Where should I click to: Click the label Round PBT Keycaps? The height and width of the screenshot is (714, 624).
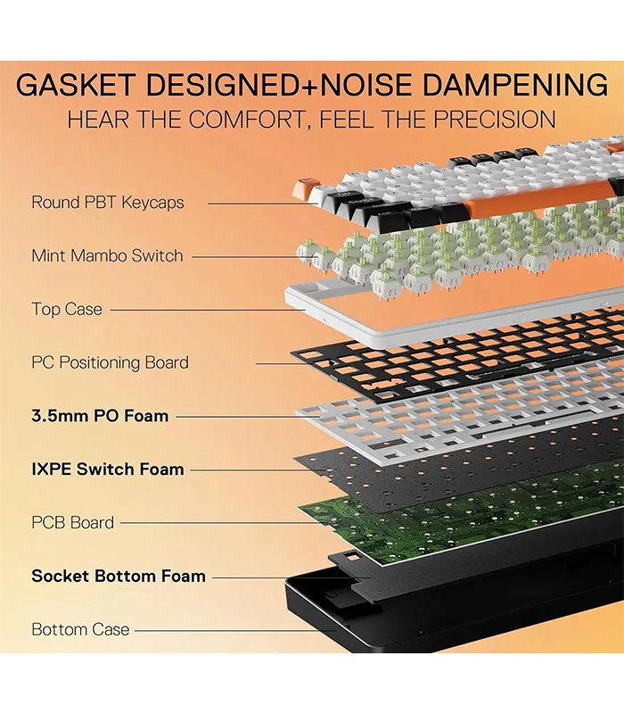point(107,203)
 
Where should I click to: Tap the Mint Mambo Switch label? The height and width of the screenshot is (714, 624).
point(107,256)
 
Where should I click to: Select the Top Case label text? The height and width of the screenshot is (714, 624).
point(67,310)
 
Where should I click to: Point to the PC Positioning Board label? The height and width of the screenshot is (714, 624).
point(110,362)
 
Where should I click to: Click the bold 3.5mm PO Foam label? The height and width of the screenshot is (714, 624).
point(100,416)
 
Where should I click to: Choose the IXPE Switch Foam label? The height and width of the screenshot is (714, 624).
point(107,469)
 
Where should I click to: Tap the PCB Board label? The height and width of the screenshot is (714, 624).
point(73,523)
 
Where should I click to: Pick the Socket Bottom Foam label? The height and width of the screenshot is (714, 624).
point(119,576)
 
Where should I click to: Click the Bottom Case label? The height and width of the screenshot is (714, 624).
point(80,629)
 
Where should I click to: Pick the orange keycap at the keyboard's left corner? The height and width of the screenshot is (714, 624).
point(305,190)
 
